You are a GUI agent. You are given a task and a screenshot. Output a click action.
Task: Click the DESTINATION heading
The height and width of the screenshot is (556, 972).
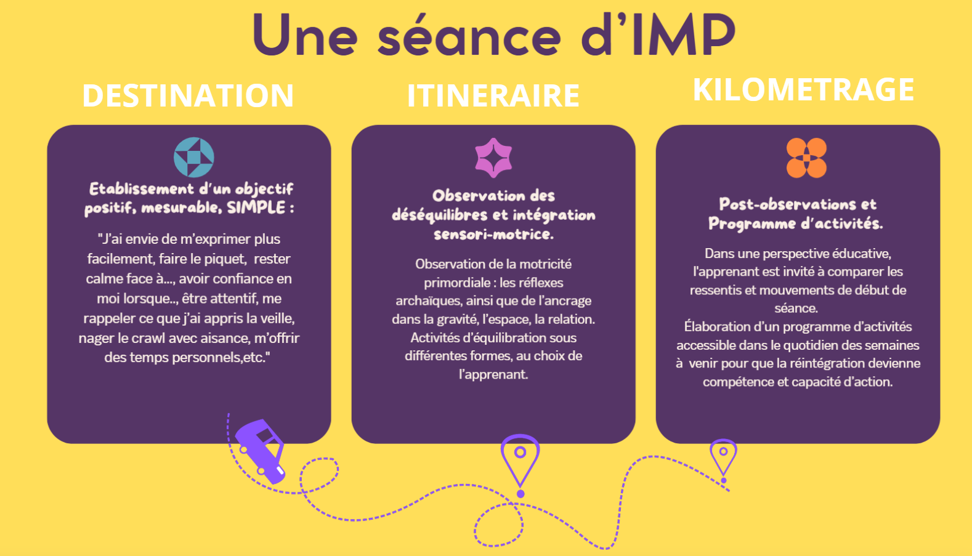(188, 95)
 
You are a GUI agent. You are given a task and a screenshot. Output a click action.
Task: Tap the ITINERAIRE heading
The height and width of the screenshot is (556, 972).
(493, 95)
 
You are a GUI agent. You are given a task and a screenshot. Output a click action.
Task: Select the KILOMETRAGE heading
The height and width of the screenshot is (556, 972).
(803, 89)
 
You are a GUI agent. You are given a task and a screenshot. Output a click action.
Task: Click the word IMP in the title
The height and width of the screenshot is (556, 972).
(684, 35)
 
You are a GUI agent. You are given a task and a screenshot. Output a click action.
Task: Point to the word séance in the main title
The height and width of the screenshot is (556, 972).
(469, 35)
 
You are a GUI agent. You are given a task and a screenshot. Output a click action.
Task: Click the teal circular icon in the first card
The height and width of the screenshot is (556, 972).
(194, 157)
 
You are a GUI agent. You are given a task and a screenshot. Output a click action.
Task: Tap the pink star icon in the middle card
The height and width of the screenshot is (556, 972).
(493, 158)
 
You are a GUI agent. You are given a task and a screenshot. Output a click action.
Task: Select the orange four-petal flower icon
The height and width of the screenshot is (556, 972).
(806, 158)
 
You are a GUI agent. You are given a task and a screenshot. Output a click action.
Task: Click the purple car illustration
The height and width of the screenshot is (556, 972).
(261, 450)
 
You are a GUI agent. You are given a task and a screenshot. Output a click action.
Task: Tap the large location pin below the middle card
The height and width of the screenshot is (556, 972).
(520, 459)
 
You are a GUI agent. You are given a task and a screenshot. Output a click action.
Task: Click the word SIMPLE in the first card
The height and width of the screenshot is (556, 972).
(256, 207)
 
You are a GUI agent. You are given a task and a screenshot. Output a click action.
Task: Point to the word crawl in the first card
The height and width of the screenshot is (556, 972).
(148, 338)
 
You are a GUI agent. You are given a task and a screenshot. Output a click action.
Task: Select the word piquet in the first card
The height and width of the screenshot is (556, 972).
(225, 259)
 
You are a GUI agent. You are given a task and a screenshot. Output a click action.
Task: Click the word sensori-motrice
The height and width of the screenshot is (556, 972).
(493, 234)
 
